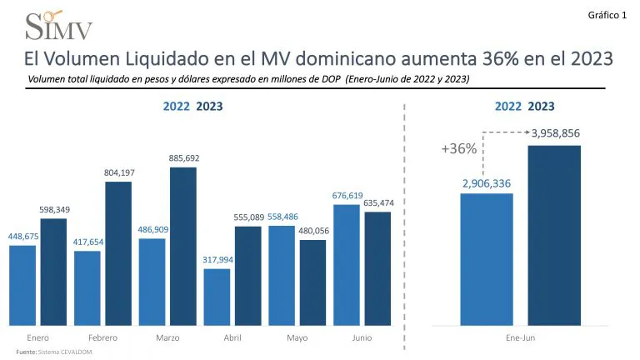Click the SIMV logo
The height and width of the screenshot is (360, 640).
pos(59,26)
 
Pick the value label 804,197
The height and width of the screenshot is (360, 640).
pos(118,172)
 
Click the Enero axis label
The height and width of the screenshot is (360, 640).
pos(37,337)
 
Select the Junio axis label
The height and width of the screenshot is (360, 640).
pos(362,337)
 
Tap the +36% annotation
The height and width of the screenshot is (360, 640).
pos(458,149)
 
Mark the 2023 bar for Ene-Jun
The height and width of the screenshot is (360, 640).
pos(554,235)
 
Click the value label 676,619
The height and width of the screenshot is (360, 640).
pos(347,196)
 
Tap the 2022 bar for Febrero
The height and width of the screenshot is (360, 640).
pos(87,287)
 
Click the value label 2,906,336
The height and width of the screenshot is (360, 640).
pos(487,183)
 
